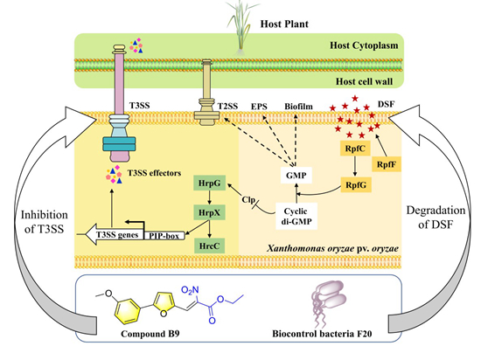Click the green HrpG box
210,183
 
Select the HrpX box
210,212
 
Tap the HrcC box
210,246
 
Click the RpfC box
355,149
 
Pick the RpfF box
387,164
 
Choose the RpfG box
356,184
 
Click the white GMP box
296,176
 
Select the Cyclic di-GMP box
296,216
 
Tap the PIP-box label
164,236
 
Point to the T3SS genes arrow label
117,235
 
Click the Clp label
248,200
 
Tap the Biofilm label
298,107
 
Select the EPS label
259,107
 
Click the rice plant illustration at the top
242,26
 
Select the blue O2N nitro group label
190,290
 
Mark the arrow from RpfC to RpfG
355,166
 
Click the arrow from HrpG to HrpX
210,198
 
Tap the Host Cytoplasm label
364,45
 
